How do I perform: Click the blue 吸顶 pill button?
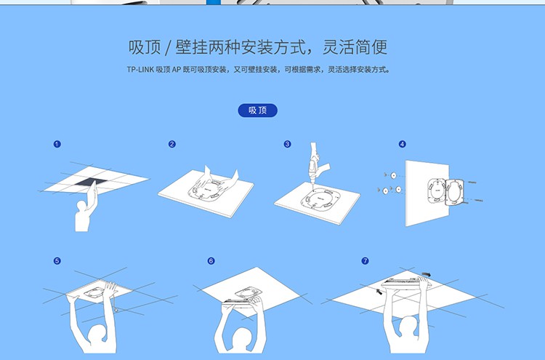click(x=257, y=111)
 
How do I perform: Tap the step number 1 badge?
click(x=57, y=144)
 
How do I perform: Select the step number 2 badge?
click(x=172, y=144)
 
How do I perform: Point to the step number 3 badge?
click(x=288, y=144)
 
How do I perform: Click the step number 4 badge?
click(x=403, y=144)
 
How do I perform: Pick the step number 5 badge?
click(x=57, y=261)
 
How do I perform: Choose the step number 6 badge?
click(x=211, y=261)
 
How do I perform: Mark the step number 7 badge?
click(x=365, y=261)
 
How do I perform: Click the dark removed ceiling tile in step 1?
click(x=90, y=182)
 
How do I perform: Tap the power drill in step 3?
click(x=317, y=163)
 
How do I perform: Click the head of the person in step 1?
click(x=81, y=206)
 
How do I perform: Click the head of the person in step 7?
click(x=409, y=325)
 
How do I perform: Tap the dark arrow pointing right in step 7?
click(x=426, y=275)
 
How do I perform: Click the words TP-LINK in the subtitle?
click(x=140, y=70)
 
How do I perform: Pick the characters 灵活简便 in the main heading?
click(x=355, y=47)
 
